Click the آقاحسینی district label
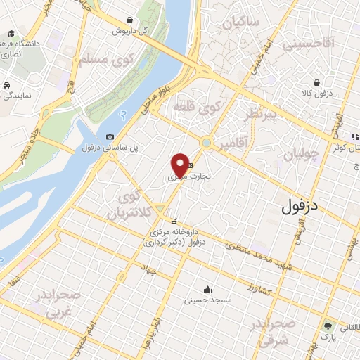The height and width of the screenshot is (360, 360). pyautogui.click(x=314, y=44)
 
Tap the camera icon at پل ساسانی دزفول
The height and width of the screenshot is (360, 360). pyautogui.click(x=110, y=136)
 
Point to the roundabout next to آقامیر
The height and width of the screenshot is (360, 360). pyautogui.click(x=206, y=143)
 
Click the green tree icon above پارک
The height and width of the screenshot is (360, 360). pyautogui.click(x=327, y=326)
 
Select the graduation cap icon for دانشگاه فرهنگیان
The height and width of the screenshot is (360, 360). pyautogui.click(x=11, y=33)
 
